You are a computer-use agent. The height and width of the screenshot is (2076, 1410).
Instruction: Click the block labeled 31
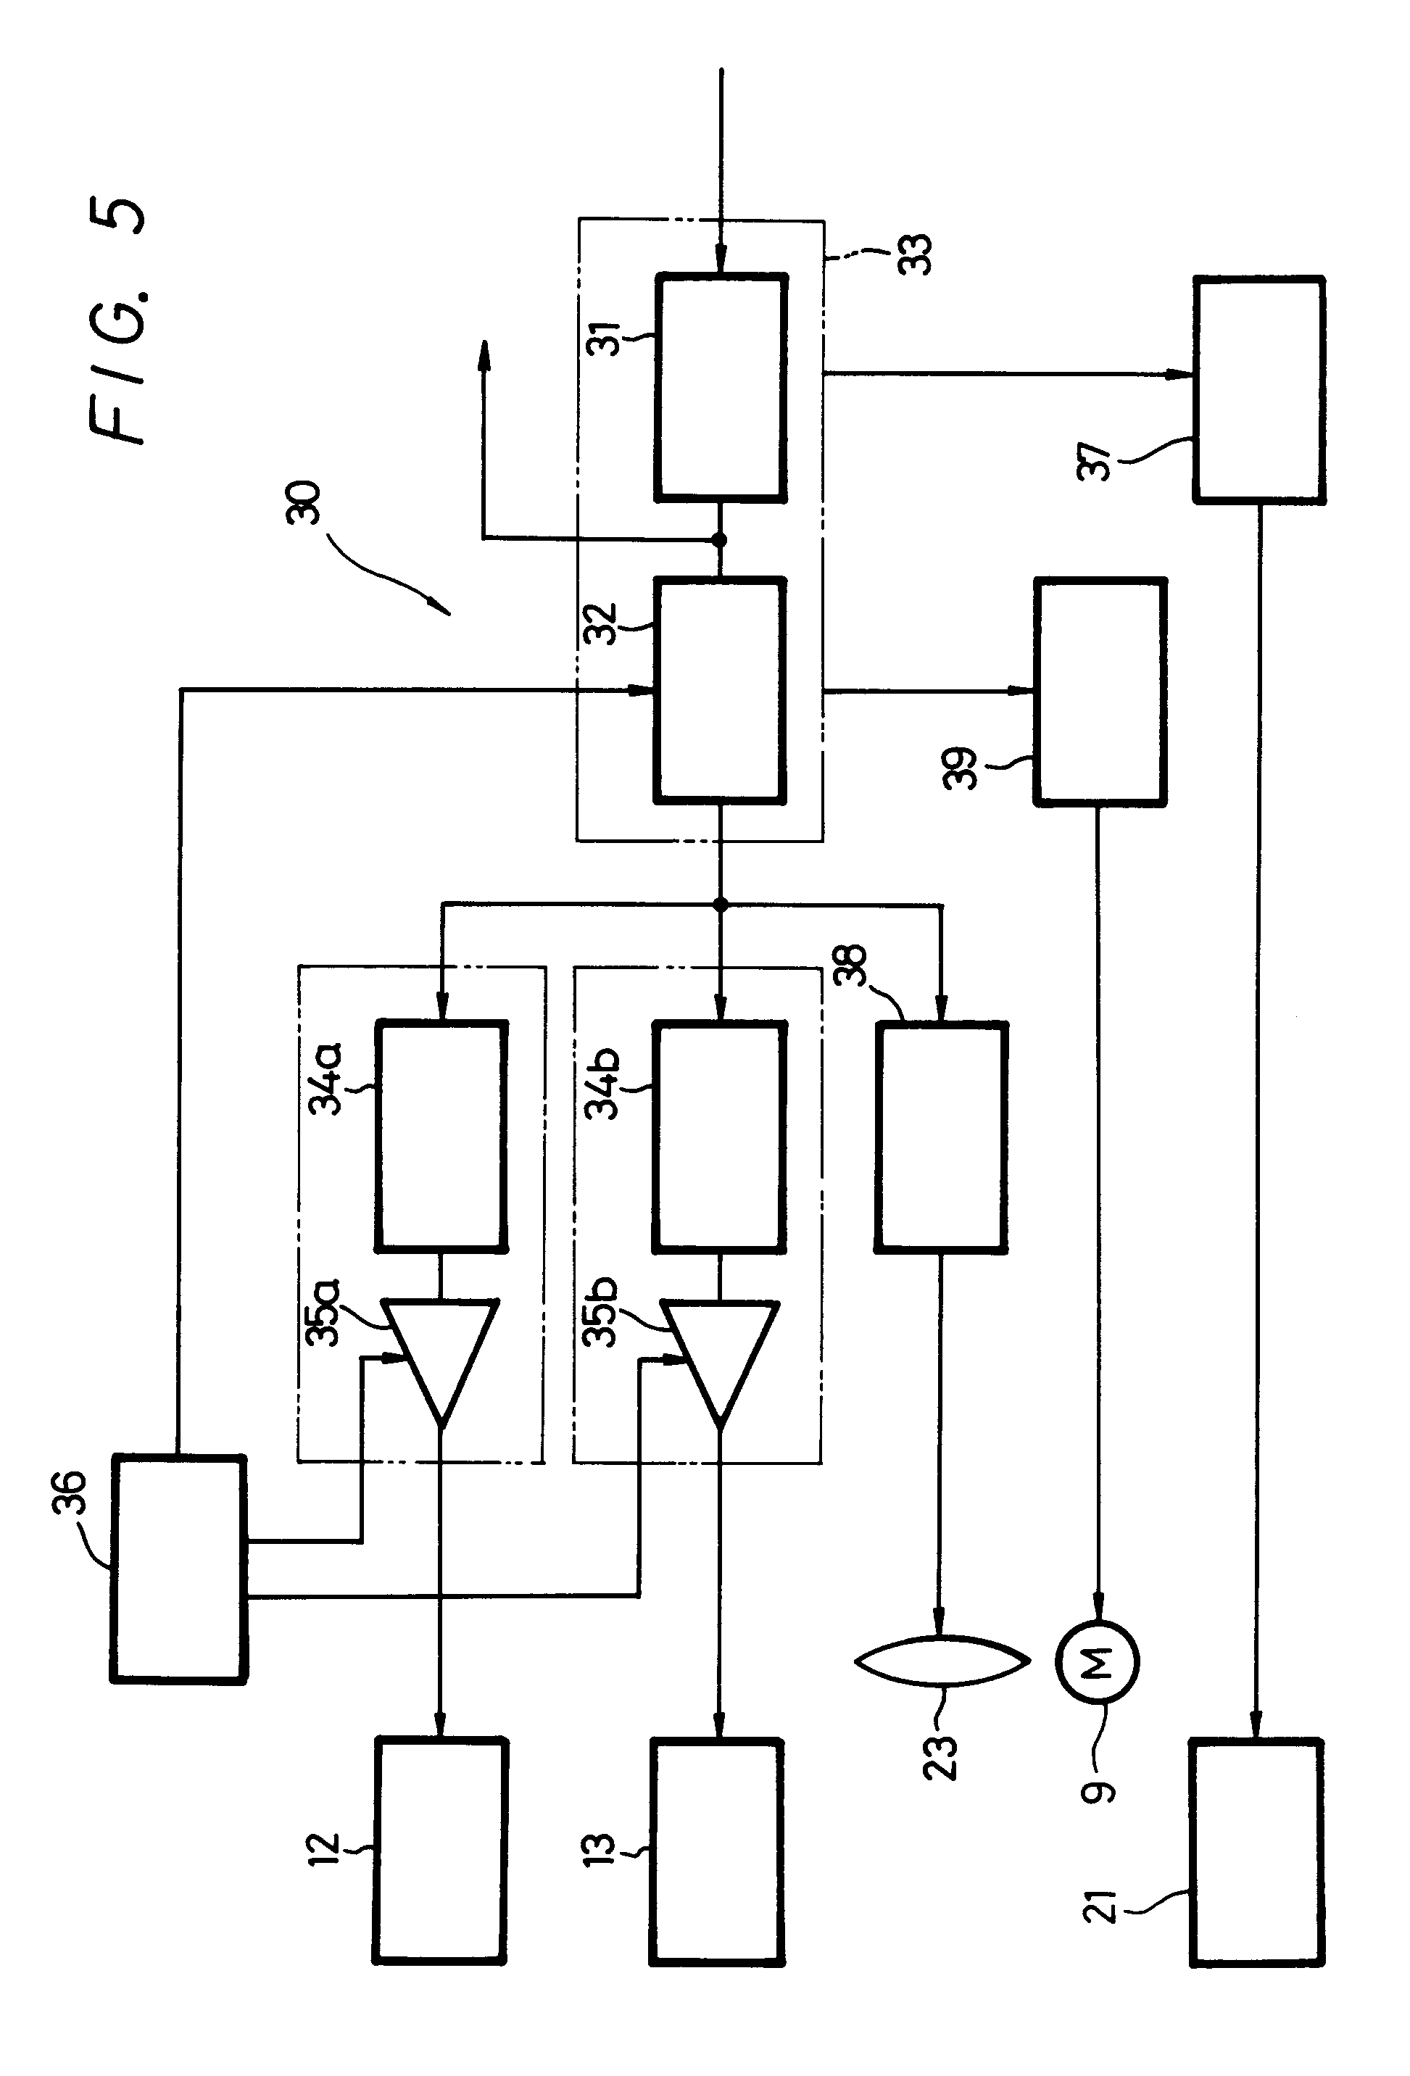721,387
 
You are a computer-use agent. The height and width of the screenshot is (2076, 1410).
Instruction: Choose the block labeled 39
1100,692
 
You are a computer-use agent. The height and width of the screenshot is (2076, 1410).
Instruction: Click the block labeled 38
941,1137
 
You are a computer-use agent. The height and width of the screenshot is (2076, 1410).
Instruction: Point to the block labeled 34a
441,1137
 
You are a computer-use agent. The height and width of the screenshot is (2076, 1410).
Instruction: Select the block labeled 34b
720,1137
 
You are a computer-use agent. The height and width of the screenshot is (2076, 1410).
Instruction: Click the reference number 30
303,502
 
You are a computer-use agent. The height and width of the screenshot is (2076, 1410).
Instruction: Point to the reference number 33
916,254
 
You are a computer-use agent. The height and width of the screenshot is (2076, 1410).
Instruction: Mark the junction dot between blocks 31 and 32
720,539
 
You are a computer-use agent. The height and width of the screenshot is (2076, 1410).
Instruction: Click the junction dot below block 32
720,905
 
